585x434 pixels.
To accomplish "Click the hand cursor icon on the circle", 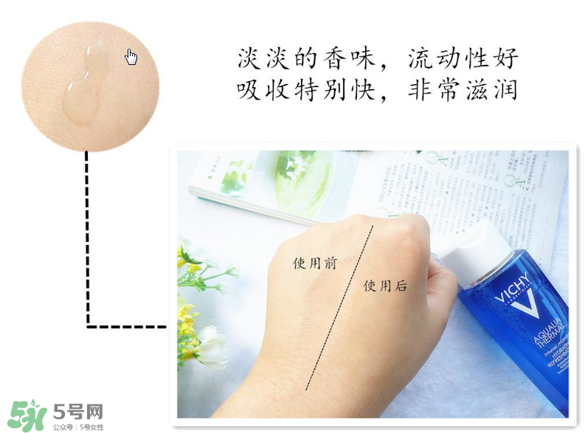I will (131, 57).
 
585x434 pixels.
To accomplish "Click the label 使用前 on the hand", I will (315, 263).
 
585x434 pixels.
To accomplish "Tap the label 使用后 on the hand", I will (385, 286).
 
